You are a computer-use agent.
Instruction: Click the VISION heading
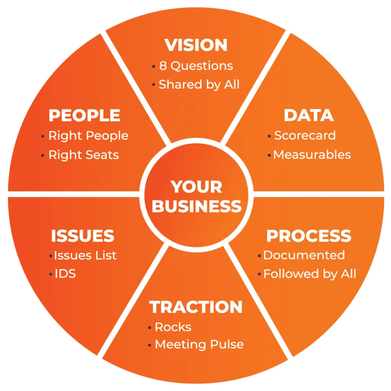196,45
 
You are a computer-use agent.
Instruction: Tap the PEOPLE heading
84,115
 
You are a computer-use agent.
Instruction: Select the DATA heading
309,115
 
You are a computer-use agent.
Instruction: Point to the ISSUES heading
82,236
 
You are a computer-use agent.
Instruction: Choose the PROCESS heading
309,236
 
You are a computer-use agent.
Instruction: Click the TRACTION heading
196,307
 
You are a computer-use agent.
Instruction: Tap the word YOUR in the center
196,187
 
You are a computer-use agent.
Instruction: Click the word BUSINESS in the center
197,206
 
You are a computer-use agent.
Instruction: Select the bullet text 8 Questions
196,66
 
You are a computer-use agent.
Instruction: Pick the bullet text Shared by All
199,84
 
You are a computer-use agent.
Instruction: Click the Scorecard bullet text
305,136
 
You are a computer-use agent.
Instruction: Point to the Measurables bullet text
312,155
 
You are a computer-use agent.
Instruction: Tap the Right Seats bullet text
84,155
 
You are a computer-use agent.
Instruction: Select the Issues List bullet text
85,255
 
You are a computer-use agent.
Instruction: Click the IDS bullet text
65,274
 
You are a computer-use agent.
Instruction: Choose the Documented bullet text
304,255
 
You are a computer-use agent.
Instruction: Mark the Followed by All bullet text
310,274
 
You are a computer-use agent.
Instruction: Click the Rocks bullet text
173,327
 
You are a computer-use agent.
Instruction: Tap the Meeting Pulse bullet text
199,344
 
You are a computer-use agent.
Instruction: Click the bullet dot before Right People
43,136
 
